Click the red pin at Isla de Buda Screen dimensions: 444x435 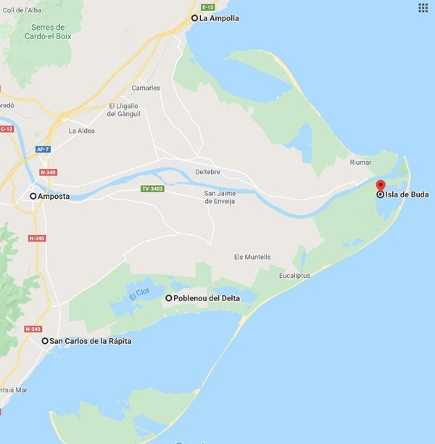click(381, 184)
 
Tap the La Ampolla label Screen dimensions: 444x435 click(219, 18)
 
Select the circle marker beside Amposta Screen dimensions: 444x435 click(33, 196)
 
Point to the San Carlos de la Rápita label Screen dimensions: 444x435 click(90, 341)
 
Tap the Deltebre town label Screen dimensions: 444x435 click(208, 172)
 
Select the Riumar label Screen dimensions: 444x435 click(360, 162)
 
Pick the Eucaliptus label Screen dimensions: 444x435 click(295, 276)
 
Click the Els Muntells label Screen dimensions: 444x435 click(252, 257)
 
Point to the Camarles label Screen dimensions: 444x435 click(146, 88)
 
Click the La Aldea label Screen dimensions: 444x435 click(82, 131)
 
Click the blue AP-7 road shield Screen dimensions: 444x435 click(43, 149)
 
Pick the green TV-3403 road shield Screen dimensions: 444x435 click(153, 189)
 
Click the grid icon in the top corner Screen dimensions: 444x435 click(423, 8)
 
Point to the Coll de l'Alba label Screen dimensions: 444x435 click(22, 10)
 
